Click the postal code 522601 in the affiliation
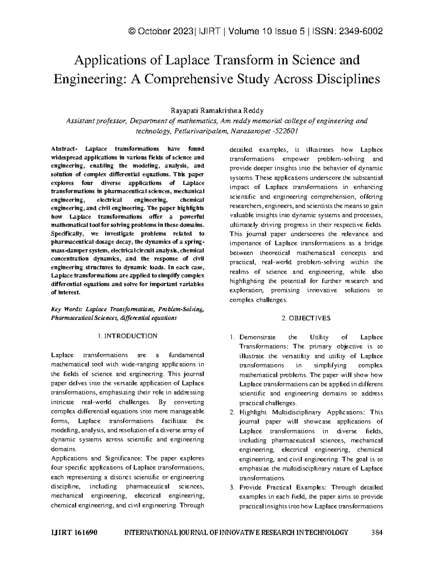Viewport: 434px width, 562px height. click(x=285, y=131)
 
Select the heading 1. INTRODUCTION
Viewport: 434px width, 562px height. click(x=127, y=336)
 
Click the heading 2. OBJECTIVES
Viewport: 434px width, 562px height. click(x=306, y=318)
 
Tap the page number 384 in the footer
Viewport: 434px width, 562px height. click(x=377, y=532)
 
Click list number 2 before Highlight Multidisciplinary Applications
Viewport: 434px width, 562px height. click(x=232, y=412)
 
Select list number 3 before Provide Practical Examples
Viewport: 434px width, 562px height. click(x=232, y=487)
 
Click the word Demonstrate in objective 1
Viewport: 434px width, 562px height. click(x=258, y=337)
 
